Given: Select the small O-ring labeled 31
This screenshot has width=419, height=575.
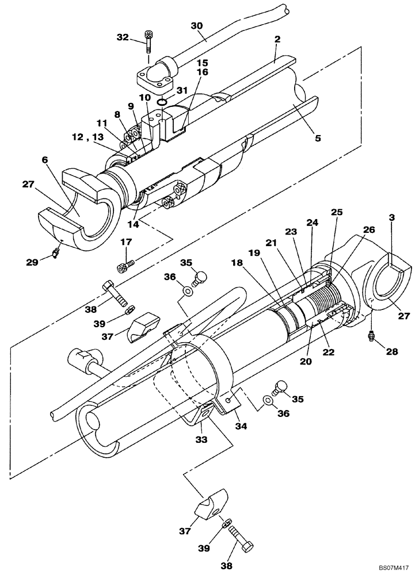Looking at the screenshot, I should (163, 102).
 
